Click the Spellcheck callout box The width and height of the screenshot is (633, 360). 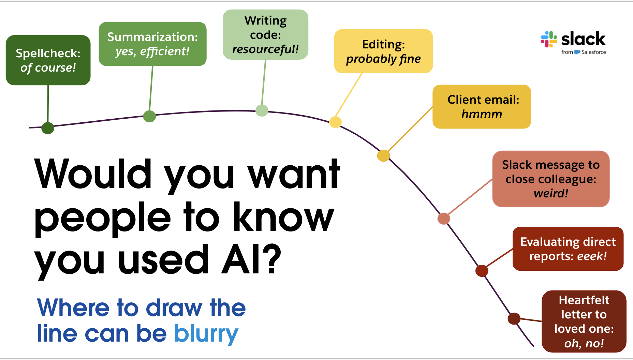coord(48,60)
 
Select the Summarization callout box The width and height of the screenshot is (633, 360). coord(152,44)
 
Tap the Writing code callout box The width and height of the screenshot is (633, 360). coord(265,35)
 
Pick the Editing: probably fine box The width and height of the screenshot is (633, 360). coord(383,51)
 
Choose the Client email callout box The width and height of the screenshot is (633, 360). coord(482,107)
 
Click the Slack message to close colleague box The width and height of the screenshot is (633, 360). coord(551,179)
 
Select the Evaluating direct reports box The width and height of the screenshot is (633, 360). coord(568,249)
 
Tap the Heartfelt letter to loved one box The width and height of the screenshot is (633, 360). coord(584,321)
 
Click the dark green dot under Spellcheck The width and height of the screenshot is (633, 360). coord(48,128)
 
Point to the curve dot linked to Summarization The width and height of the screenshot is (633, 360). coord(149,116)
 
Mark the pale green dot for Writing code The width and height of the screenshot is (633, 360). coord(262,110)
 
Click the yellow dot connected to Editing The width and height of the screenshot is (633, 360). coord(335,122)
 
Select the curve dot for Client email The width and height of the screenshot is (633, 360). coord(383,155)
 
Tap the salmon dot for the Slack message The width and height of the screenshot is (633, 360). coord(443,218)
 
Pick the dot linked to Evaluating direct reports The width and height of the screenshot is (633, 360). coord(482,271)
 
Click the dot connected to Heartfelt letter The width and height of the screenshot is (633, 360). coord(514,319)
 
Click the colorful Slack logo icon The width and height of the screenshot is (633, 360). coord(549,39)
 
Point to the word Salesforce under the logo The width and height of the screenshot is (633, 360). coord(593,52)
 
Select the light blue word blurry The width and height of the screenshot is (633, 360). coord(206,334)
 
